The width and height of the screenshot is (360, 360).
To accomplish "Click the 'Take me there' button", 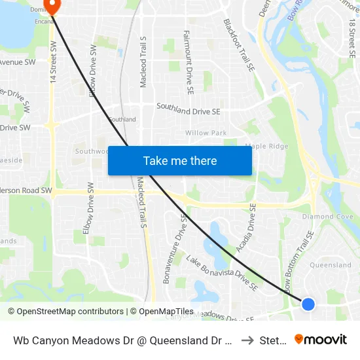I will tap(180, 161).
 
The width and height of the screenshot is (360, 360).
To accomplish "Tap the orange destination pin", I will tap(52, 6).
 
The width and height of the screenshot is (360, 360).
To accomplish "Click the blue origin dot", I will tap(308, 304).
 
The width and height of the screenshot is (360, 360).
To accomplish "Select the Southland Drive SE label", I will tap(188, 111).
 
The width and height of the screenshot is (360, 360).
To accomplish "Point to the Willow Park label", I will tap(206, 133).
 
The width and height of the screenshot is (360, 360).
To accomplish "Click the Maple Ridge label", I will tap(266, 146).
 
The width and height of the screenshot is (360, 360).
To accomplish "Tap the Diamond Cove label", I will tap(327, 217).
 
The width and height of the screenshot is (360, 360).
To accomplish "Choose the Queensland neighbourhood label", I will tap(330, 265).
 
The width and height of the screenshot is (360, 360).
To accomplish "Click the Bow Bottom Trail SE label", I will tap(300, 259).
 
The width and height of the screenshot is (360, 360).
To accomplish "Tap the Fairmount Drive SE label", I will tap(187, 62).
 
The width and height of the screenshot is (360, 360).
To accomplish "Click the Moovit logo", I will tap(321, 339).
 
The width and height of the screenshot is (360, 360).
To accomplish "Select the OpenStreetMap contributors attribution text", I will tap(65, 312).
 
